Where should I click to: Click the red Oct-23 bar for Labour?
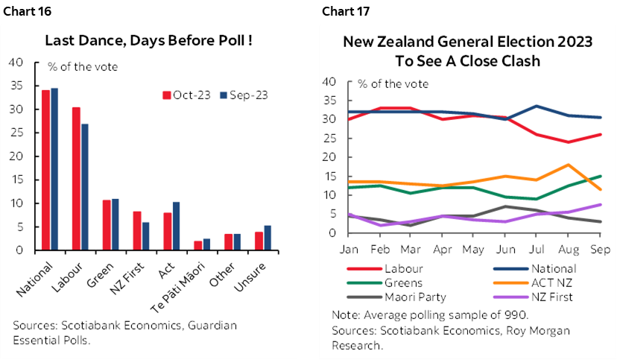click(76, 179)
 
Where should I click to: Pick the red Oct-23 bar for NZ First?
click(137, 231)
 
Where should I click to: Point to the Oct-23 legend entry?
click(186, 95)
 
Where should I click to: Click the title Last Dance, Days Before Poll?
click(148, 40)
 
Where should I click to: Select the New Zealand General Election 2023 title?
click(467, 51)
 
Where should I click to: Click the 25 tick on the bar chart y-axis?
click(16, 133)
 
